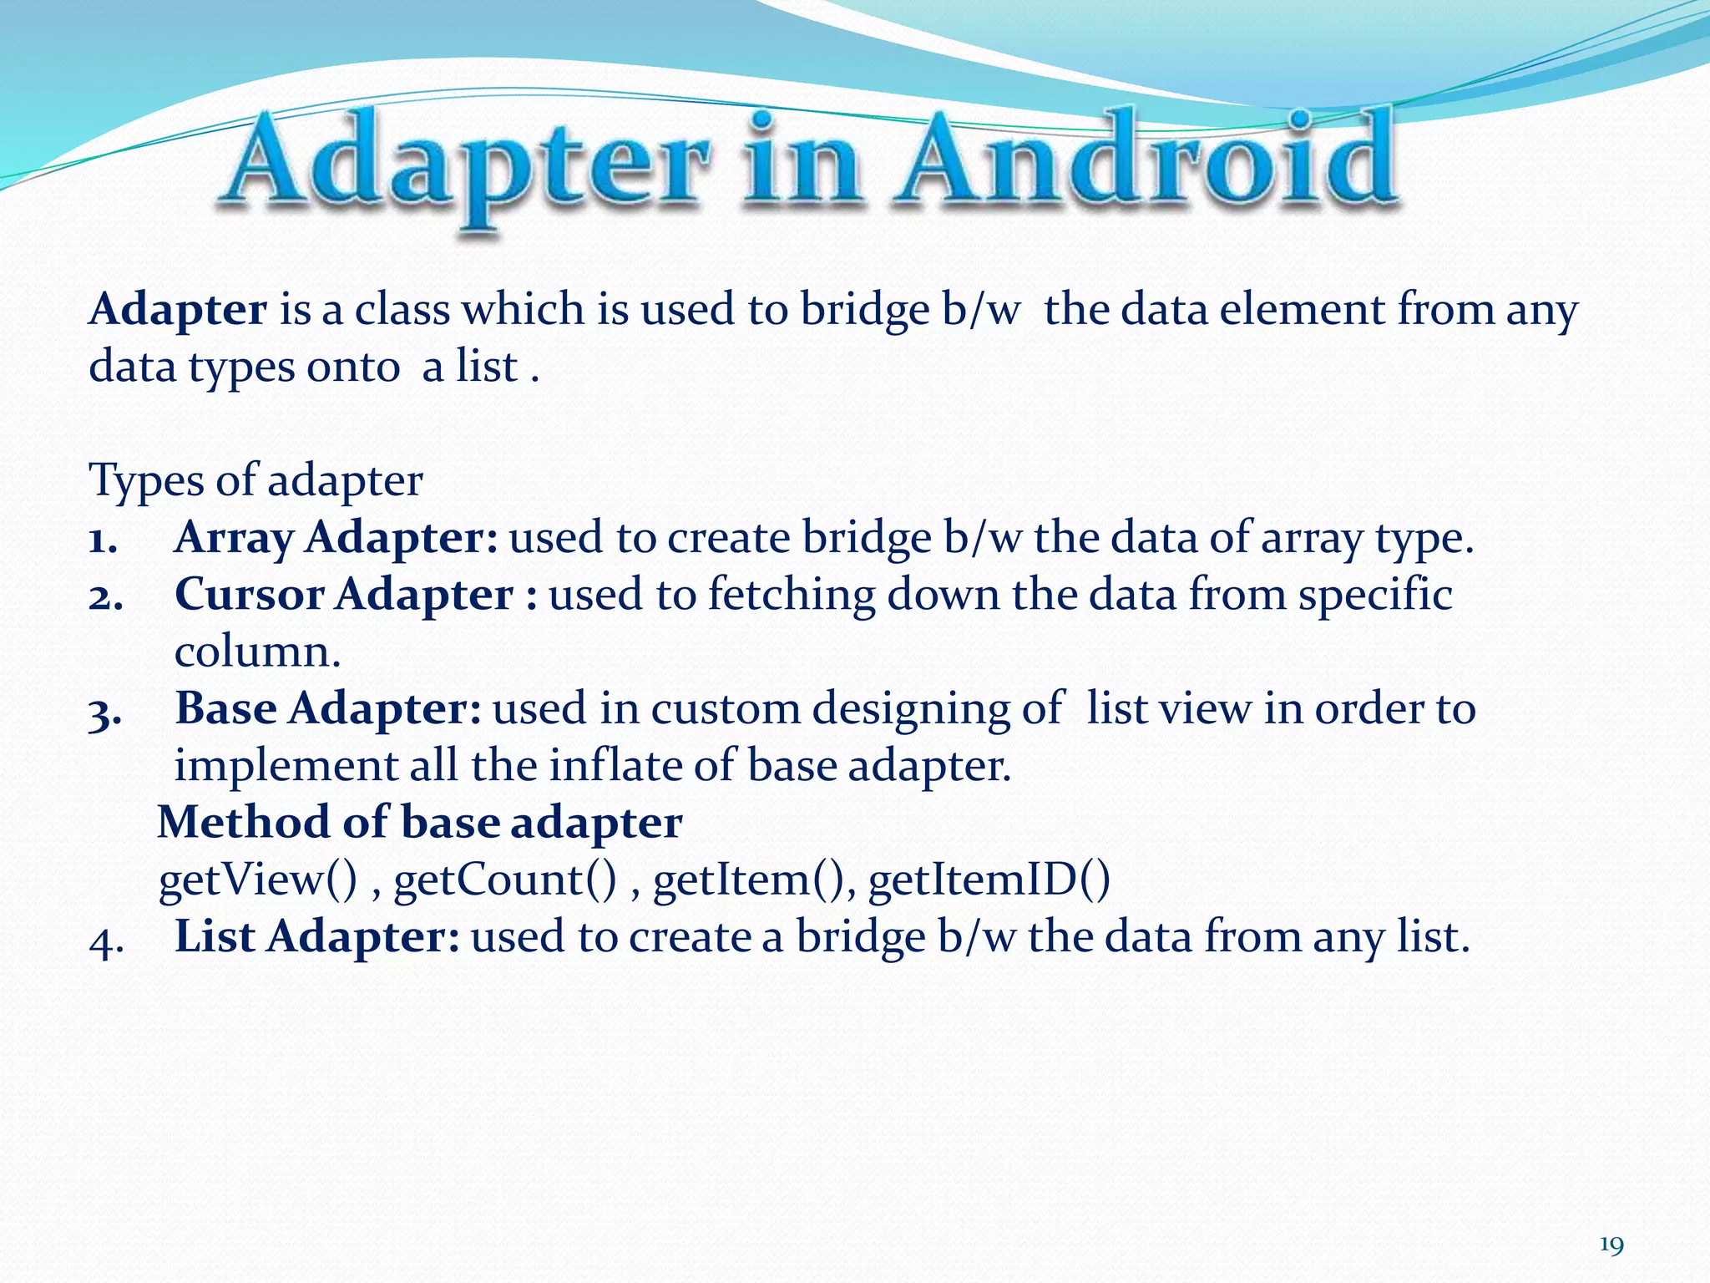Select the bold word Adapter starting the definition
(178, 310)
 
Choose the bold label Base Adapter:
(327, 708)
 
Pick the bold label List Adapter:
(316, 936)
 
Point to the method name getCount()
(505, 880)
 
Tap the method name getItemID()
(989, 880)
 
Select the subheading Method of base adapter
(420, 823)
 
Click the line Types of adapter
(255, 481)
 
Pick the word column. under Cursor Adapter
(257, 652)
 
